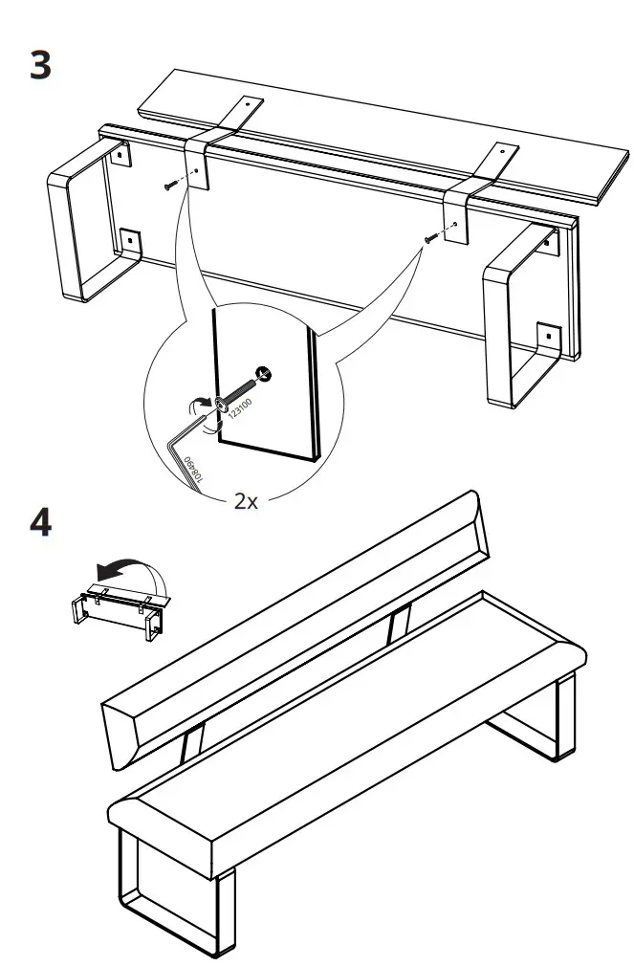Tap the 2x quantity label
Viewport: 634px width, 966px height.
point(246,502)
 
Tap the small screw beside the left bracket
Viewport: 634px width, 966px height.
point(171,185)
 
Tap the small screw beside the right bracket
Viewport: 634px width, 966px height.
point(432,236)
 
